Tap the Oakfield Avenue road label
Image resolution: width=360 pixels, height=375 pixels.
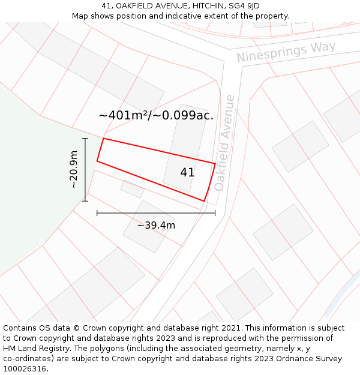click(x=224, y=143)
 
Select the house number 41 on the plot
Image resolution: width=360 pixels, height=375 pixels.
click(x=187, y=172)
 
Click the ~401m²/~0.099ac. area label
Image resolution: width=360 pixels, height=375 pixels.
click(x=156, y=115)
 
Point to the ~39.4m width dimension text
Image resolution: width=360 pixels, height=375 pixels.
click(x=156, y=226)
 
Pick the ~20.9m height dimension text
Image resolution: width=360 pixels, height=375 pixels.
click(x=74, y=170)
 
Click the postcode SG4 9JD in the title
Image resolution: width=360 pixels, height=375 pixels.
click(x=245, y=6)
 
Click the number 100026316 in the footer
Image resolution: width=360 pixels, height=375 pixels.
click(x=25, y=369)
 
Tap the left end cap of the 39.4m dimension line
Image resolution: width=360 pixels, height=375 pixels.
click(x=97, y=212)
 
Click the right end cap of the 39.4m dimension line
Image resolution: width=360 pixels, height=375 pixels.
click(x=215, y=212)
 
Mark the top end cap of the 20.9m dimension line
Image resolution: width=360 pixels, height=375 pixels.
click(x=85, y=139)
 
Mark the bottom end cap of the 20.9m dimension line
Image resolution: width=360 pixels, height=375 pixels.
click(x=85, y=201)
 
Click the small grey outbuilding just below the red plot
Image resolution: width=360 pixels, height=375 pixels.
click(x=132, y=189)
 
